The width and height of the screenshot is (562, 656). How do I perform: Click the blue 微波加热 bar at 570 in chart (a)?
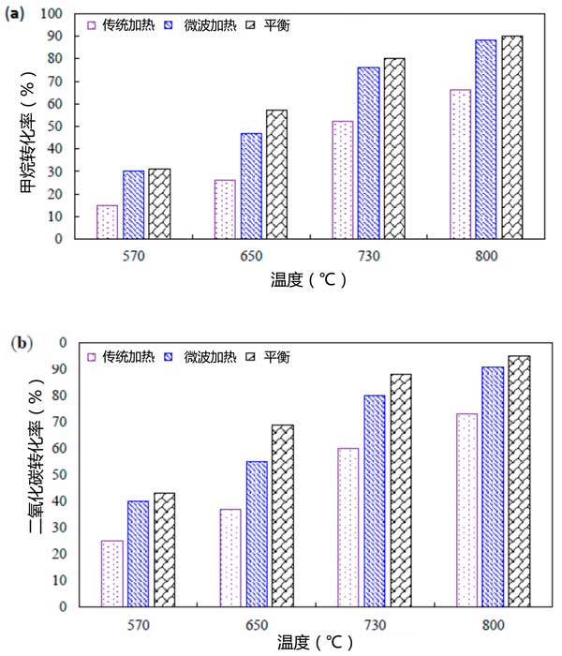[133, 204]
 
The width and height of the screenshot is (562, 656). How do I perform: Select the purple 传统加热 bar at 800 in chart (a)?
[460, 164]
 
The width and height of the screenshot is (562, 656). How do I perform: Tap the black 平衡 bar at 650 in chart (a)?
[276, 174]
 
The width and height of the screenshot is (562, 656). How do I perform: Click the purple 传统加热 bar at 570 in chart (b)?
[112, 574]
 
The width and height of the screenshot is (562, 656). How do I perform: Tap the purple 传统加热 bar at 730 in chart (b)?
[348, 527]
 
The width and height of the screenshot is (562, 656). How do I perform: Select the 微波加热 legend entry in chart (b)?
[208, 357]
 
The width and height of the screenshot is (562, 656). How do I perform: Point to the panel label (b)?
[20, 343]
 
